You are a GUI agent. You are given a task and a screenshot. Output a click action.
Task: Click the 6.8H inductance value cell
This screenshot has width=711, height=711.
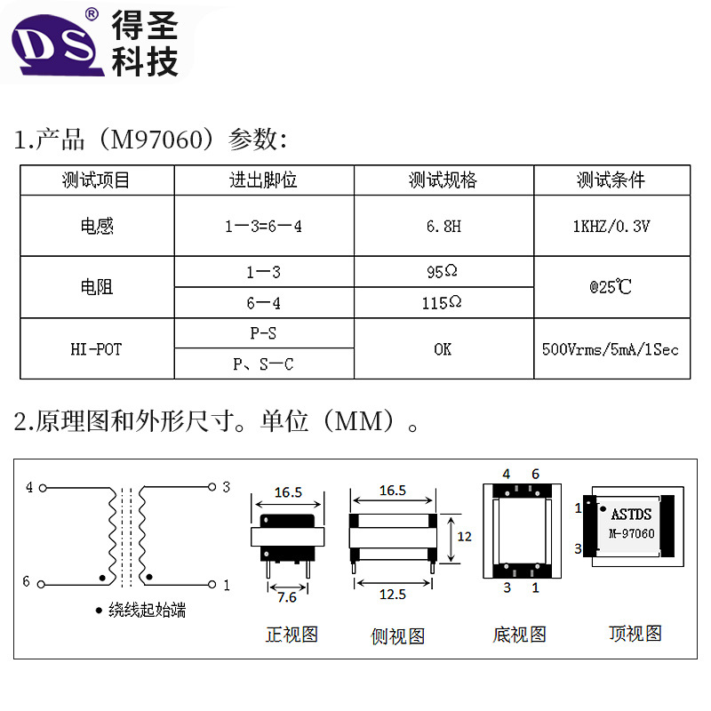point(443,227)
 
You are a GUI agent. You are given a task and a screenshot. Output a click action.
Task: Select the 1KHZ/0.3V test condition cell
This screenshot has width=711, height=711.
point(611,227)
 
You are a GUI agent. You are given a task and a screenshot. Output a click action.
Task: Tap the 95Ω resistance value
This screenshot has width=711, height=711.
point(443,272)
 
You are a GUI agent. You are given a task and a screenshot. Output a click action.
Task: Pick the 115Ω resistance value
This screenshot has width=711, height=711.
point(442,303)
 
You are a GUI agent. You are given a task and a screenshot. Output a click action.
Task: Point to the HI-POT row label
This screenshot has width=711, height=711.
point(96,349)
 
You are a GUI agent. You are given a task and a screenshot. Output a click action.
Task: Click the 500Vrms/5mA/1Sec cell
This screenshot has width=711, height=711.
point(611,349)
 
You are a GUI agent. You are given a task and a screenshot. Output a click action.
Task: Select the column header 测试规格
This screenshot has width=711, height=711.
point(443,180)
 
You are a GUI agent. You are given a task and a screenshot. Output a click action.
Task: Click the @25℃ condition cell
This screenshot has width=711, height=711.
point(611,288)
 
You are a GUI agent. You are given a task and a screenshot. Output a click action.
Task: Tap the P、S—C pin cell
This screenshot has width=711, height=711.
point(263,363)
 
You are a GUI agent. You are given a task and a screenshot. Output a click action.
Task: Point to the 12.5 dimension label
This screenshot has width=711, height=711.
point(392,594)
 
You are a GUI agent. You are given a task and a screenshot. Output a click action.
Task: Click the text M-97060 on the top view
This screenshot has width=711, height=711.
point(632,533)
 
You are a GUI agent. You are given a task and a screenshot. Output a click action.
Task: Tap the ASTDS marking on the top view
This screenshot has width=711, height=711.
point(631,514)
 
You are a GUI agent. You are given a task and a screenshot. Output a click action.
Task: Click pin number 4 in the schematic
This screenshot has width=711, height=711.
point(29,487)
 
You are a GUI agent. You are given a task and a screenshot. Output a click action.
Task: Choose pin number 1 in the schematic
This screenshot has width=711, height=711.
point(226,585)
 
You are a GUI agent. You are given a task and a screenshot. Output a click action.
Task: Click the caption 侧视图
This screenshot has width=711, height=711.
point(397,635)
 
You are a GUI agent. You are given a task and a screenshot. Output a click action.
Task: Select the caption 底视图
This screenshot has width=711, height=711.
point(519,634)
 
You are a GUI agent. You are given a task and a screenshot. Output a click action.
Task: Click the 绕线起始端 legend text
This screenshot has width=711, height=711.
point(148,610)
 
